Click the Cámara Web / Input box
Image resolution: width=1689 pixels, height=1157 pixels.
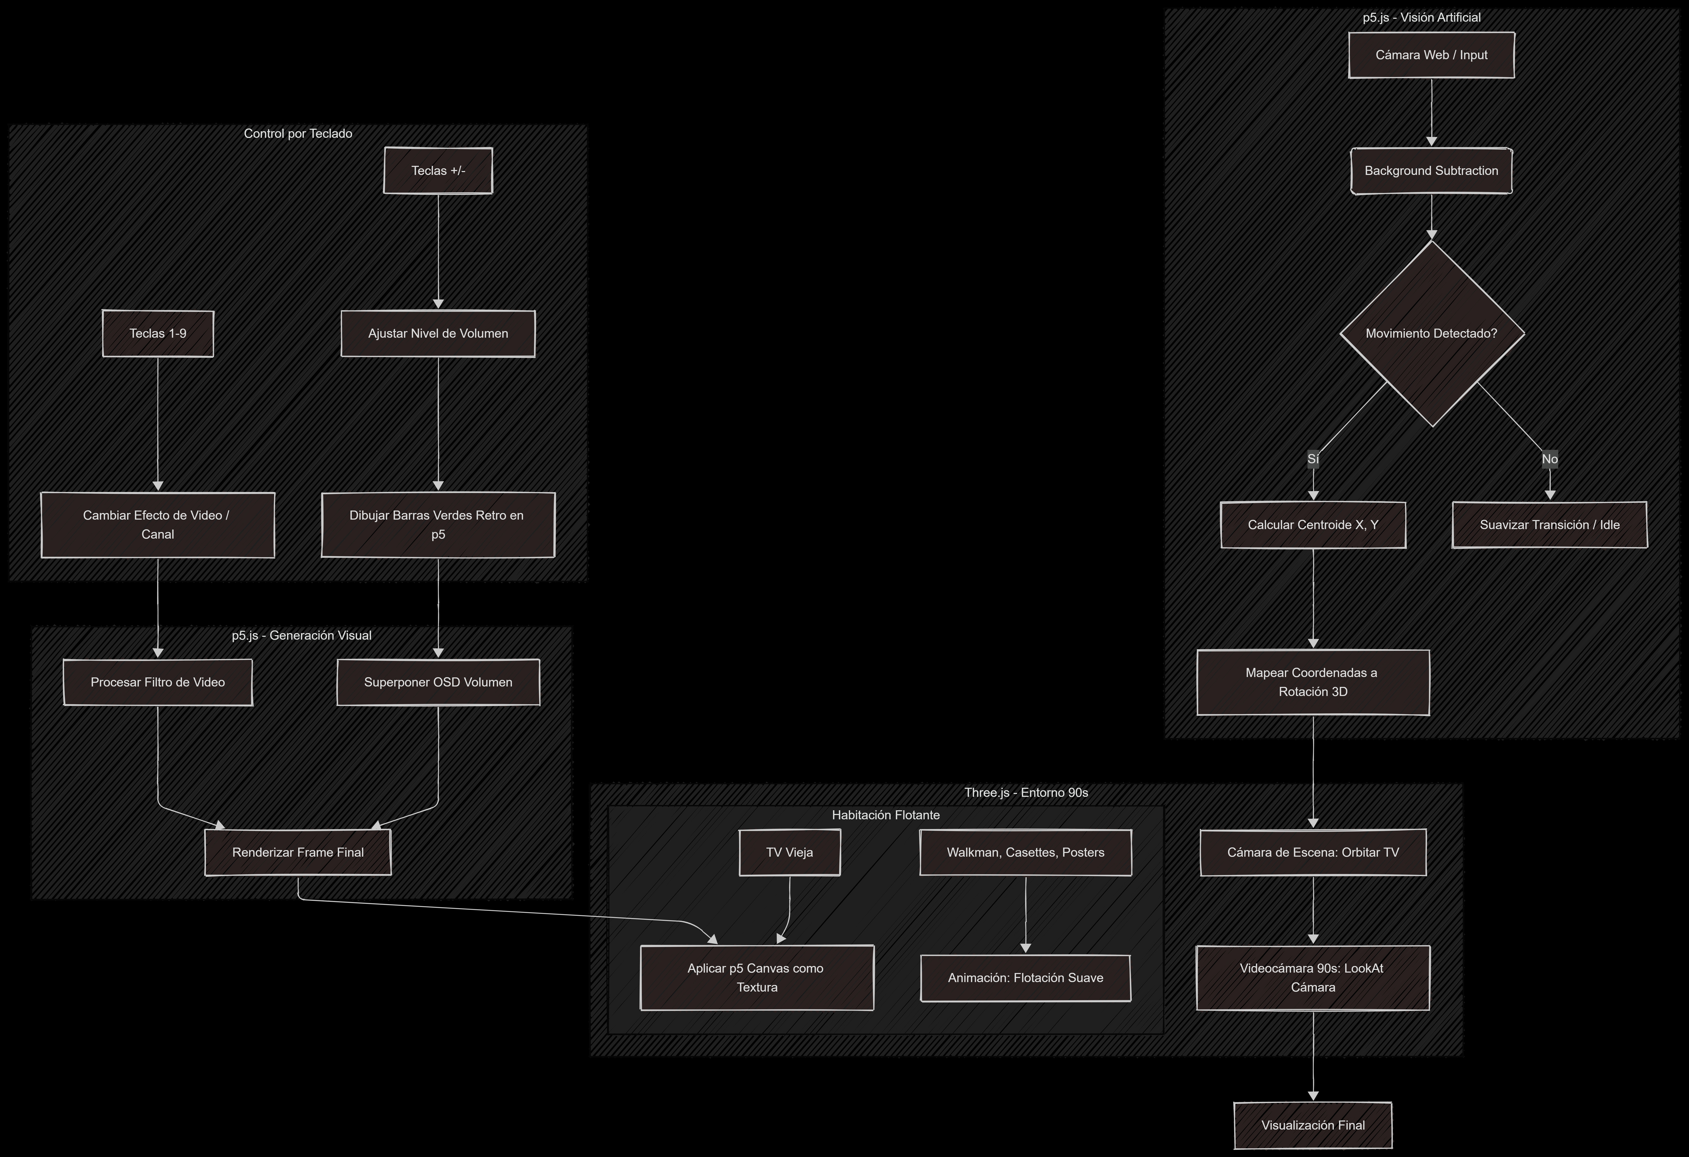click(1431, 55)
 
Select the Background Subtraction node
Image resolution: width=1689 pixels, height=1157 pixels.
click(1431, 171)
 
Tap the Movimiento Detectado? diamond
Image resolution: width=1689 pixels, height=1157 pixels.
click(1431, 333)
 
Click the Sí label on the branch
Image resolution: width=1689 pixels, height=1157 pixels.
click(1313, 459)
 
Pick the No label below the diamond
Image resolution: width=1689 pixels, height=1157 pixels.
click(1549, 459)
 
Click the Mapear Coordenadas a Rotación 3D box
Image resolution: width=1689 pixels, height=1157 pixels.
click(1313, 682)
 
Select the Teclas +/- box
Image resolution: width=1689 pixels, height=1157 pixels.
click(438, 171)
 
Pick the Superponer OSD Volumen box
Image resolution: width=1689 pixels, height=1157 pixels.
click(438, 682)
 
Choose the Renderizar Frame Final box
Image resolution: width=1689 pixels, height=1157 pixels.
click(298, 852)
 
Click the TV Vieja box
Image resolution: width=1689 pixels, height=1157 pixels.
click(789, 852)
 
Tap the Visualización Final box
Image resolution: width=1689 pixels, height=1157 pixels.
click(1313, 1125)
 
